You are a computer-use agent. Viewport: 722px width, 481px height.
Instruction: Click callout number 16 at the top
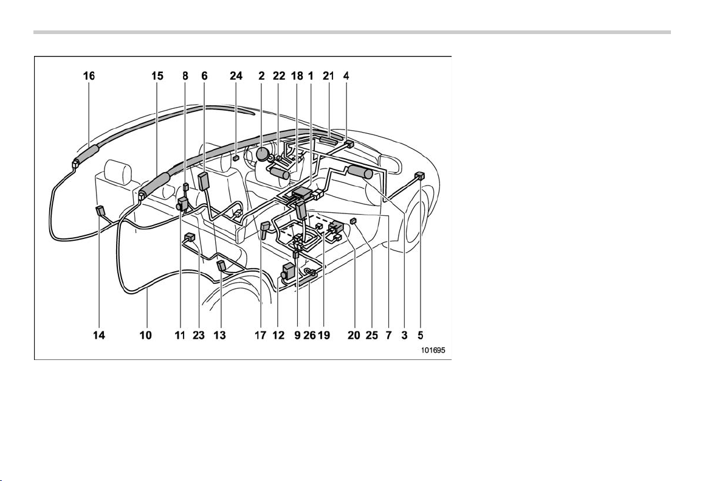click(89, 75)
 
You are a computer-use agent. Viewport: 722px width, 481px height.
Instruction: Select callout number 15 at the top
click(157, 75)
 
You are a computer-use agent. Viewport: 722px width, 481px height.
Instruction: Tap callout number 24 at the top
click(236, 75)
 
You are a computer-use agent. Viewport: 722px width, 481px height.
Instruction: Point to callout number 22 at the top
click(279, 75)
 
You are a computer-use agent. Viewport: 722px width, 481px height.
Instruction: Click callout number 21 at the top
click(328, 75)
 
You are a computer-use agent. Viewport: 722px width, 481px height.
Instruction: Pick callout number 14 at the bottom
click(99, 335)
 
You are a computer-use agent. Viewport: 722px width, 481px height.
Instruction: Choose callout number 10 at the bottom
click(145, 335)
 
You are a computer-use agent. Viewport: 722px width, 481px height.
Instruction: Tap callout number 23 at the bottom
click(199, 335)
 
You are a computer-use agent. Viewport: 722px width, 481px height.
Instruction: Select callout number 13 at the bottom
click(219, 335)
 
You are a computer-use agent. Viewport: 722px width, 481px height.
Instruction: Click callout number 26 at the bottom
click(309, 335)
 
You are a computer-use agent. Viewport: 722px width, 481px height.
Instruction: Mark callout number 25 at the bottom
click(371, 335)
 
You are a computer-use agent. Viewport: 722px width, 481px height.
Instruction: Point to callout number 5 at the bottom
click(421, 335)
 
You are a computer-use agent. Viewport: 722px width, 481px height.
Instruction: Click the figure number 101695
click(433, 350)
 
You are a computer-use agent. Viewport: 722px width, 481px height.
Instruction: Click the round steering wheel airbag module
click(263, 154)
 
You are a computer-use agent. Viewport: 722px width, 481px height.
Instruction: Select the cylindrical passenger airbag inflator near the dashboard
click(360, 172)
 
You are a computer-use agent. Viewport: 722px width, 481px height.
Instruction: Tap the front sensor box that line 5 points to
click(419, 176)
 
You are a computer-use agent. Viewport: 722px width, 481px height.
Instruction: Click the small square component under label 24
click(235, 157)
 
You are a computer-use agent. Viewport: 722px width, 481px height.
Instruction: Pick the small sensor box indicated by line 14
click(100, 212)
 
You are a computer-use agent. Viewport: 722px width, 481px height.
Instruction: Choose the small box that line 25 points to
click(354, 221)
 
